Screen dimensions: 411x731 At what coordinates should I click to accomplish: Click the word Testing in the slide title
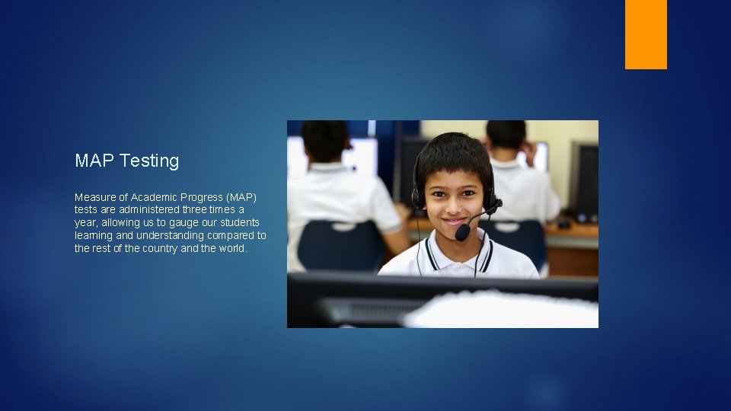[149, 161]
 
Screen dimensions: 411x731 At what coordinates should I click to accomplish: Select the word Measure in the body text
[94, 196]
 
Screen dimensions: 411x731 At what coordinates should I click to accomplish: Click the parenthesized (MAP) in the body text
[244, 196]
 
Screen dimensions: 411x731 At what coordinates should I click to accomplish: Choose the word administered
[148, 209]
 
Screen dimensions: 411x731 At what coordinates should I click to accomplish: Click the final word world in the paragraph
[232, 248]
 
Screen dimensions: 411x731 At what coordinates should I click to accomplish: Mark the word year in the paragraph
[85, 222]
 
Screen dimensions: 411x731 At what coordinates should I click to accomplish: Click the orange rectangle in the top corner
[646, 34]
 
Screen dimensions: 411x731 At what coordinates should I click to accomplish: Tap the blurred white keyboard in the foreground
[503, 311]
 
